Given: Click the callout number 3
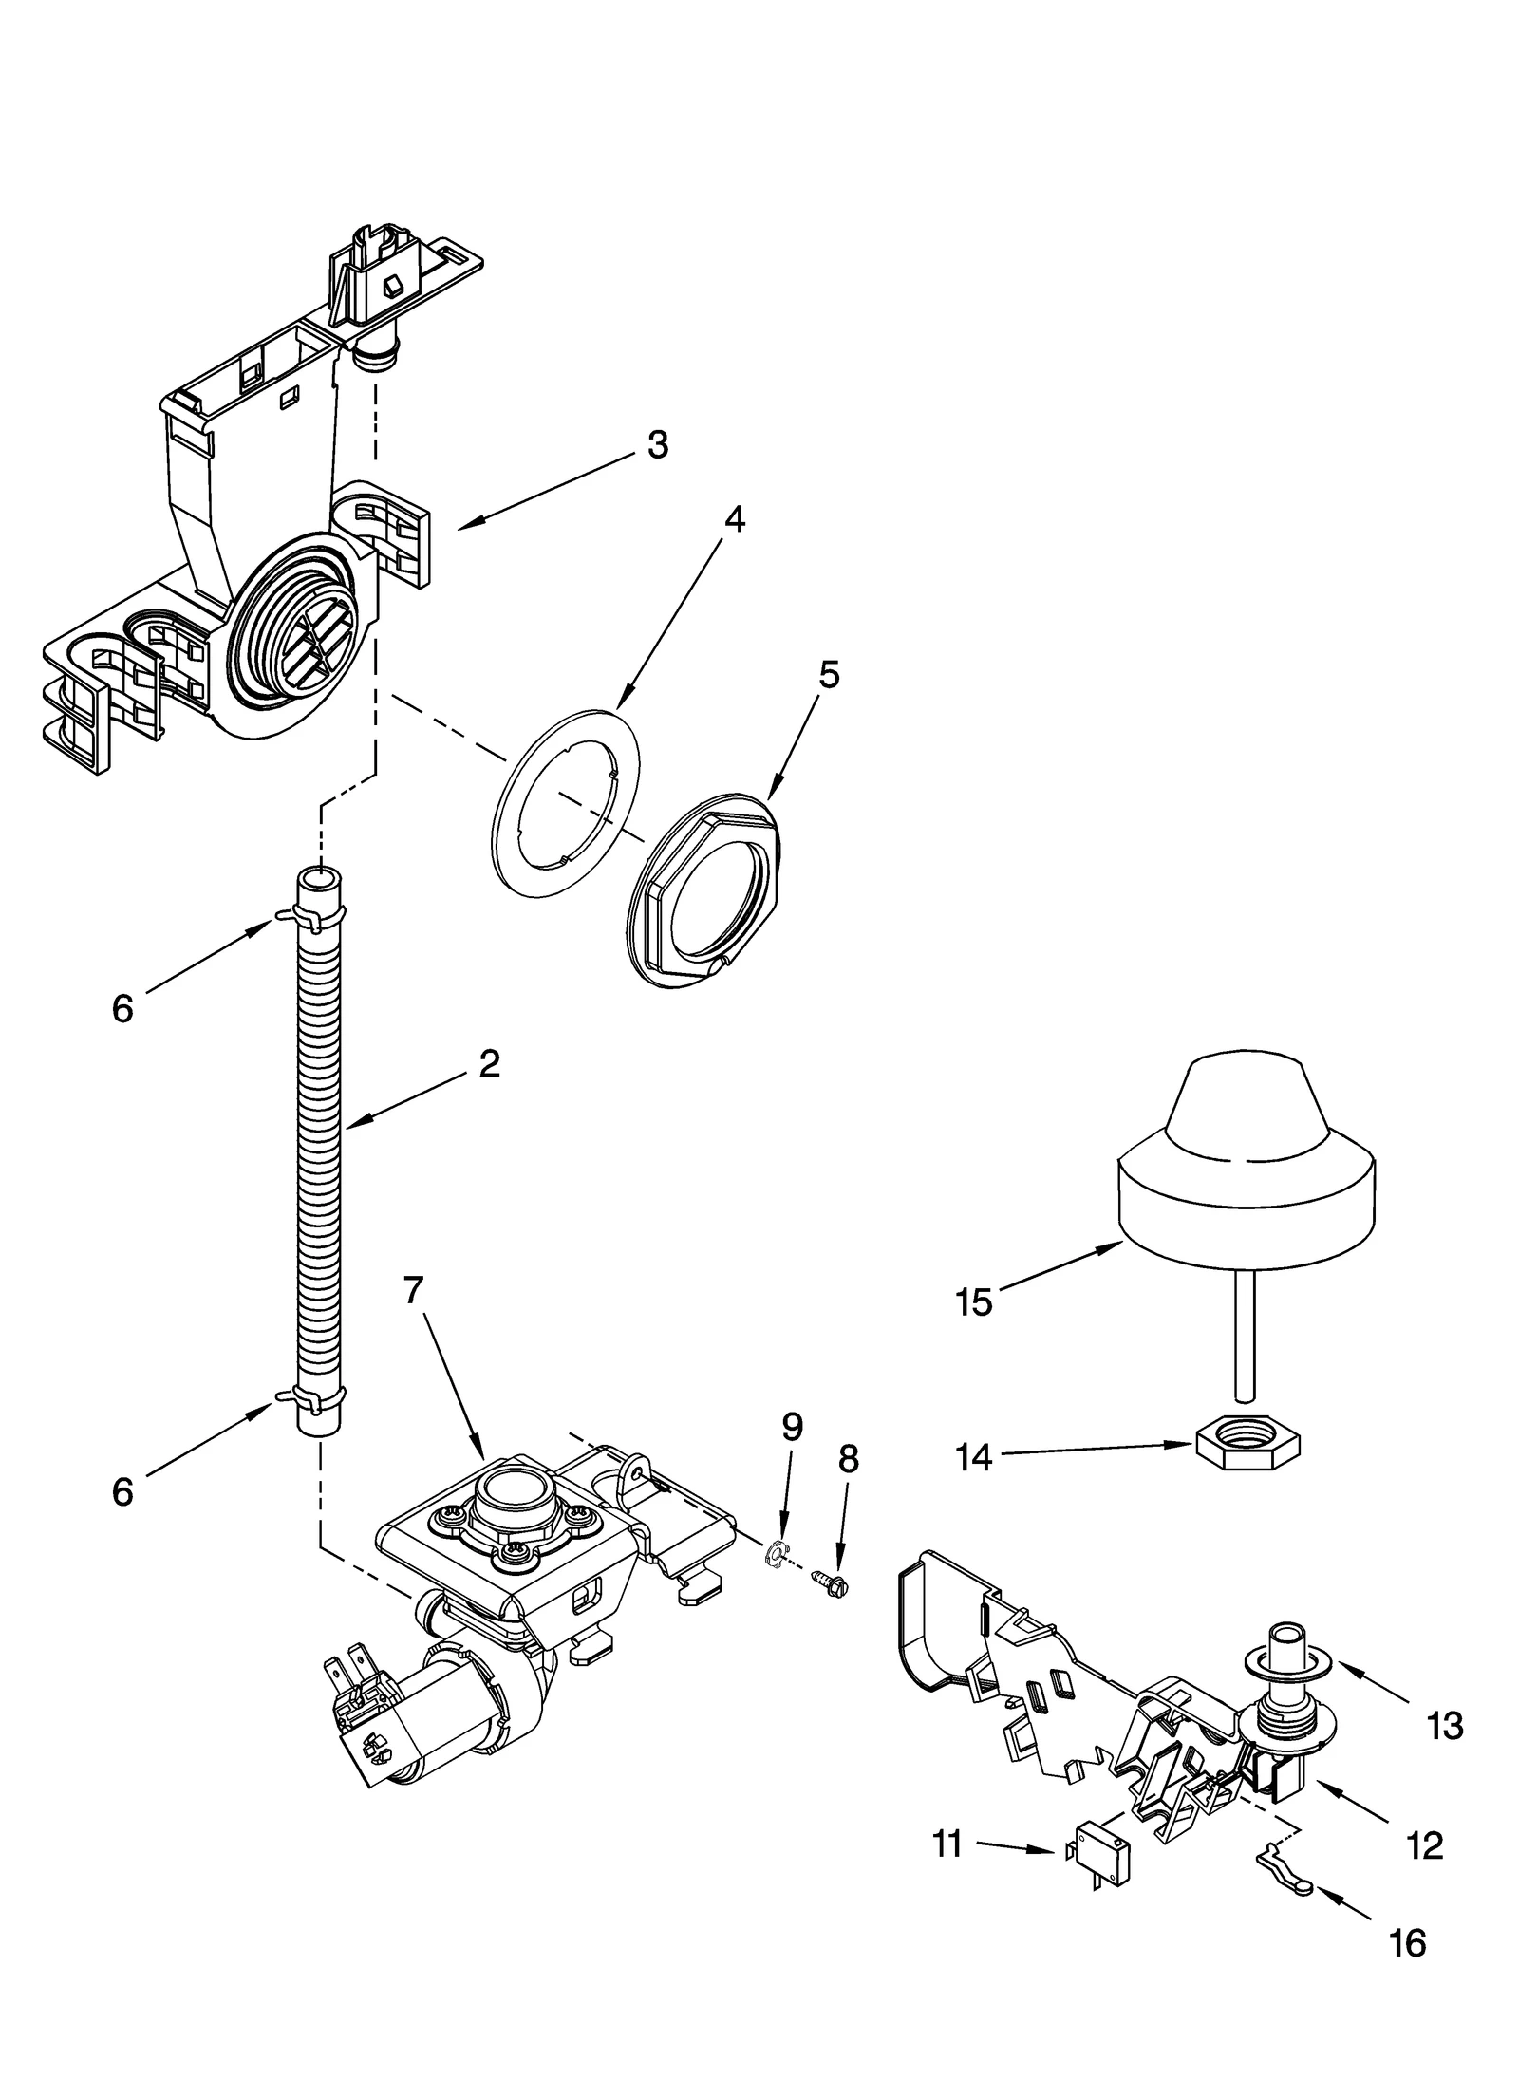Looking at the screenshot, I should tap(657, 444).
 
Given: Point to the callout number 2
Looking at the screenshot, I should tap(489, 1063).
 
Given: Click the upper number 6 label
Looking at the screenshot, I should tap(122, 1009).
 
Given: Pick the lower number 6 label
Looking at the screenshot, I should tap(122, 1492).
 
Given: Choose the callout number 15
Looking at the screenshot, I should tap(974, 1302).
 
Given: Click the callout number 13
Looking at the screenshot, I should tap(1444, 1725).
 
